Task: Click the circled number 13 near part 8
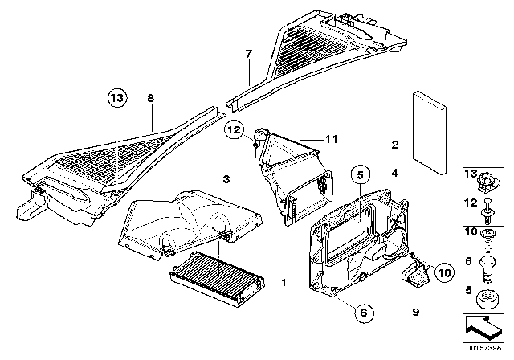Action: click(x=118, y=99)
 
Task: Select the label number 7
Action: click(x=248, y=55)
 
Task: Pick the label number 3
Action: click(x=226, y=178)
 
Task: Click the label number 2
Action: click(x=394, y=145)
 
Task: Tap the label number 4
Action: click(x=394, y=173)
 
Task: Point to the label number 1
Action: click(x=282, y=284)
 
